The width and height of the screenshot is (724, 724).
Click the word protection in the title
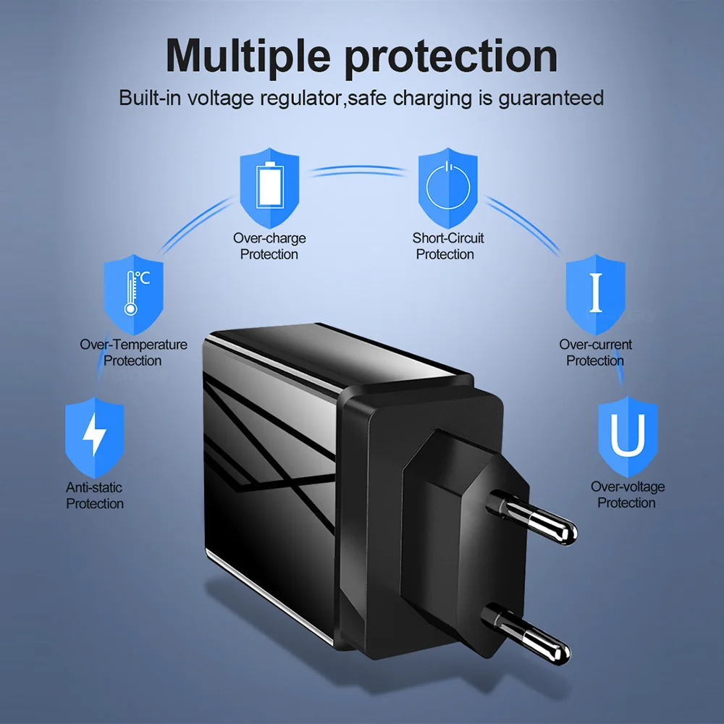pyautogui.click(x=450, y=55)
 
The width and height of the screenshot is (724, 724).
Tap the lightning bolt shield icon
pyautogui.click(x=95, y=437)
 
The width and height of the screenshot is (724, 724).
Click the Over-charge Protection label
pyautogui.click(x=269, y=246)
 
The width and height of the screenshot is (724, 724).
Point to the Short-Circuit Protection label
pyautogui.click(x=447, y=246)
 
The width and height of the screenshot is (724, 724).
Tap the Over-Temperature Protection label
pyautogui.click(x=133, y=353)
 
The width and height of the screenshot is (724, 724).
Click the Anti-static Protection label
pyautogui.click(x=95, y=496)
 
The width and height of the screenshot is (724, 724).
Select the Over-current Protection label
pyautogui.click(x=595, y=353)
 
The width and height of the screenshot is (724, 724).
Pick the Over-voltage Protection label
pyautogui.click(x=627, y=495)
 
